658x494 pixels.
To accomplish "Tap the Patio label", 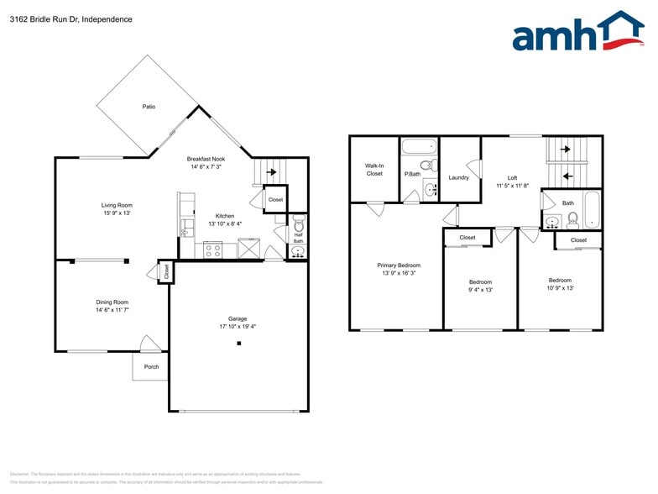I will [149, 107].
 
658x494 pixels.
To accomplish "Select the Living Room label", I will [117, 205].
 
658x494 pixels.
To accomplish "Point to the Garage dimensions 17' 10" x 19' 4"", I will [238, 327].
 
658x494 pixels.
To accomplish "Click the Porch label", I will [151, 366].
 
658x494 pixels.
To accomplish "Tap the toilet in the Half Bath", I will [298, 226].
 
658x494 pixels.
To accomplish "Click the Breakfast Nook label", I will [206, 158].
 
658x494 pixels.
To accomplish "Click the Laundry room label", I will [458, 177].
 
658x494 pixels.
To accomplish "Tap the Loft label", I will [512, 177].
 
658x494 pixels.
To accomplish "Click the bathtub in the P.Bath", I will [417, 145].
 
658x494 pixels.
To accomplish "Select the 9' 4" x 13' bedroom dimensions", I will [480, 290].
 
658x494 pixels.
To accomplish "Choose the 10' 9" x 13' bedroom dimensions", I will [560, 288].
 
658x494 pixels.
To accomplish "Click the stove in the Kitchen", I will [213, 249].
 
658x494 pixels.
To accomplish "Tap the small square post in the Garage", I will [238, 344].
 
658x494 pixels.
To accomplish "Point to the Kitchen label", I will [225, 216].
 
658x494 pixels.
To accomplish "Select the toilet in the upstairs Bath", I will [572, 220].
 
